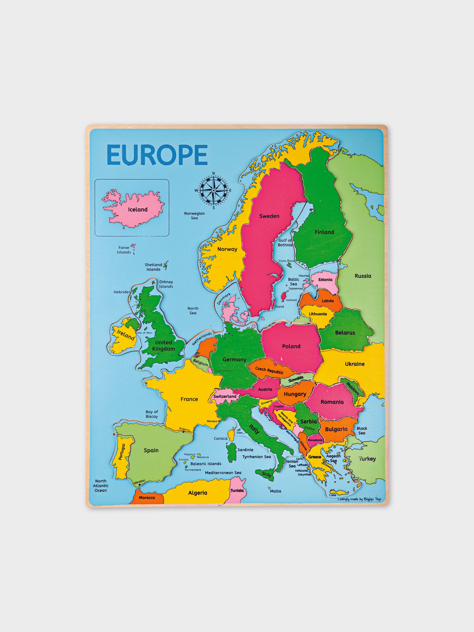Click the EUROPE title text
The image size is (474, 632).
click(x=157, y=155)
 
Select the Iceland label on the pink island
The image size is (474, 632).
click(x=138, y=209)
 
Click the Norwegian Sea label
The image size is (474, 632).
click(x=194, y=216)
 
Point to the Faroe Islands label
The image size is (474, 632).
click(x=124, y=250)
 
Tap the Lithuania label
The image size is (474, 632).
click(x=317, y=314)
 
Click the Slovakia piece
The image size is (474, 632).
click(x=296, y=379)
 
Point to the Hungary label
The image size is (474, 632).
click(x=294, y=394)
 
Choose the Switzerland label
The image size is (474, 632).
click(x=225, y=396)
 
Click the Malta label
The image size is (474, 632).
click(x=275, y=491)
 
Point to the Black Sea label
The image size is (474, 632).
click(x=361, y=431)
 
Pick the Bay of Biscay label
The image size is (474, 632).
click(x=152, y=414)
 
